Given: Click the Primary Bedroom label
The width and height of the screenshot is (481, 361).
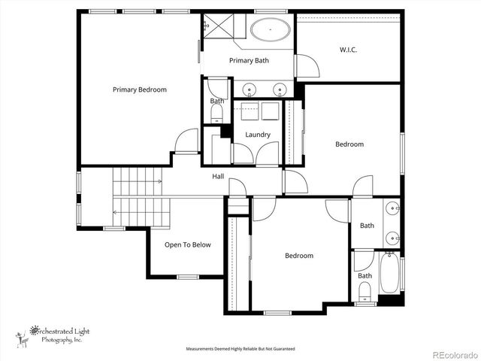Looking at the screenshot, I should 140,89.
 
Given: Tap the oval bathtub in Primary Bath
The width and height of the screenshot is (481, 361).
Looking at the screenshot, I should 271,31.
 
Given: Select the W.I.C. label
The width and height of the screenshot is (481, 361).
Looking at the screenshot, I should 348,50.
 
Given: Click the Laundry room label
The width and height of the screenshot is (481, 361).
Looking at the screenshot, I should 258,135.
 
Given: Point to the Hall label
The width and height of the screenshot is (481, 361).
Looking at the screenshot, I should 218,176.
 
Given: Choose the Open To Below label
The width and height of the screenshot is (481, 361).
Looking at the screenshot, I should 188,244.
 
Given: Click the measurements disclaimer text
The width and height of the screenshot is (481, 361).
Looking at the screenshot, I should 240,349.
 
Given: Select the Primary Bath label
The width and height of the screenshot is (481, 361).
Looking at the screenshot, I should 249,61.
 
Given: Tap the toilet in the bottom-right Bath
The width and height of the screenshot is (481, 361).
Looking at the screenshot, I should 365,290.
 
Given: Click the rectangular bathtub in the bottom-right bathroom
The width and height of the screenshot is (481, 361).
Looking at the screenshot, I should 389,276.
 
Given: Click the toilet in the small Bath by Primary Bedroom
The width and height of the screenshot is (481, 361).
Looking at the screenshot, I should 217,115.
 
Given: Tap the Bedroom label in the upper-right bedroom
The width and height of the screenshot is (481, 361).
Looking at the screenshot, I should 349,144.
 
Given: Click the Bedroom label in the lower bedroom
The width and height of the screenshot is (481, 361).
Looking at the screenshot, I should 298,256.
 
